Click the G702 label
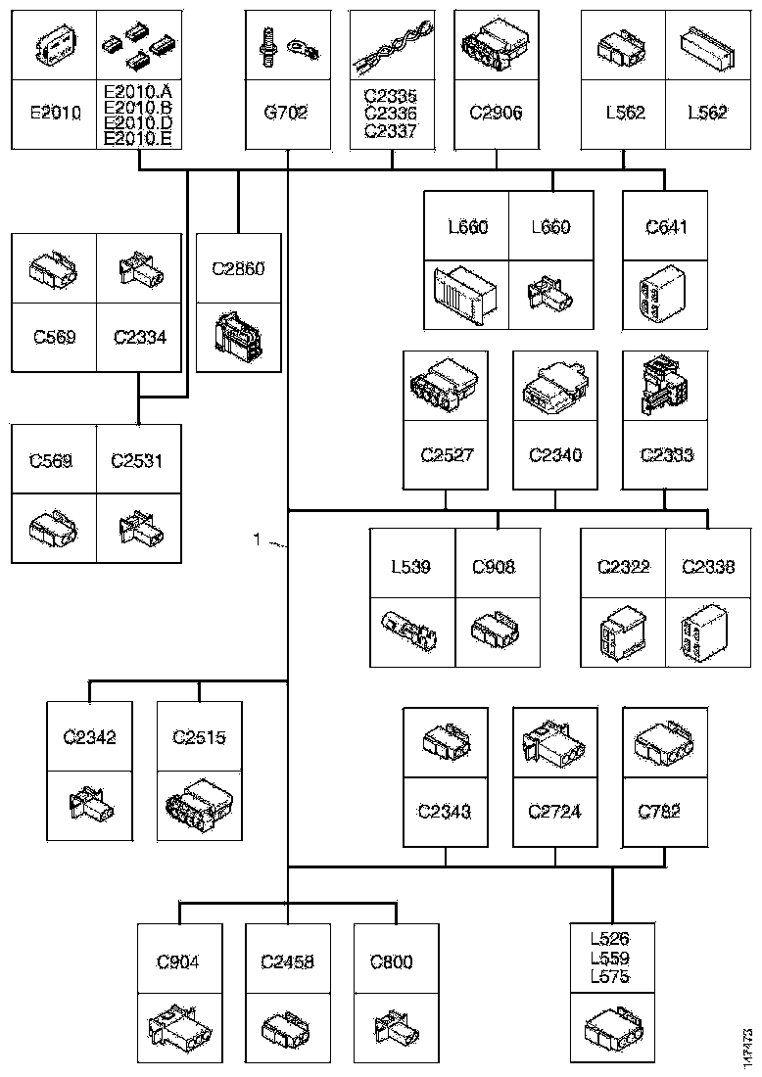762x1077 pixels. (286, 114)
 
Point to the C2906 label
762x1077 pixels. (496, 114)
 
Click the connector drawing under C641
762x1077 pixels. (665, 292)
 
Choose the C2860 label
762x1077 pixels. (238, 266)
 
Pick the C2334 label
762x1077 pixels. (139, 338)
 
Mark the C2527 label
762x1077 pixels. (446, 455)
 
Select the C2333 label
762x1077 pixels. (665, 455)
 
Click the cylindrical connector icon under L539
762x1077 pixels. (412, 632)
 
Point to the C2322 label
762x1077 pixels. (624, 567)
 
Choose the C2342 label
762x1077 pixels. (89, 737)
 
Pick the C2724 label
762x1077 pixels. (555, 812)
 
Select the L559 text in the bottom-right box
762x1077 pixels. (612, 959)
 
